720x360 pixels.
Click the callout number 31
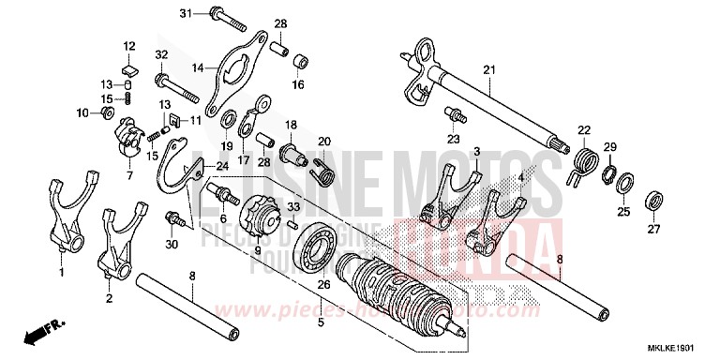tap(185, 12)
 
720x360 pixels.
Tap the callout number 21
tap(488, 71)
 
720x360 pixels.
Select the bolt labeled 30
tap(173, 218)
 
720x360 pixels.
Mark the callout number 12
tap(129, 45)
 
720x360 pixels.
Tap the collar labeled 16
tap(300, 64)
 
